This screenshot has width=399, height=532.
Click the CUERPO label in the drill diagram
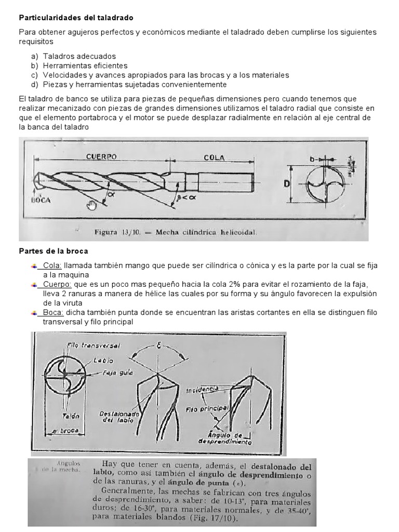101,156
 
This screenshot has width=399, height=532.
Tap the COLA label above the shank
214,157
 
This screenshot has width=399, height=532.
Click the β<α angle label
183,197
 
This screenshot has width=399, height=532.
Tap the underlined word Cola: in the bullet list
52,265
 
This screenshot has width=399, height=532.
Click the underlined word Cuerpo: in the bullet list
57,284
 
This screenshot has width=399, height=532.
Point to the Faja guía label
118,373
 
